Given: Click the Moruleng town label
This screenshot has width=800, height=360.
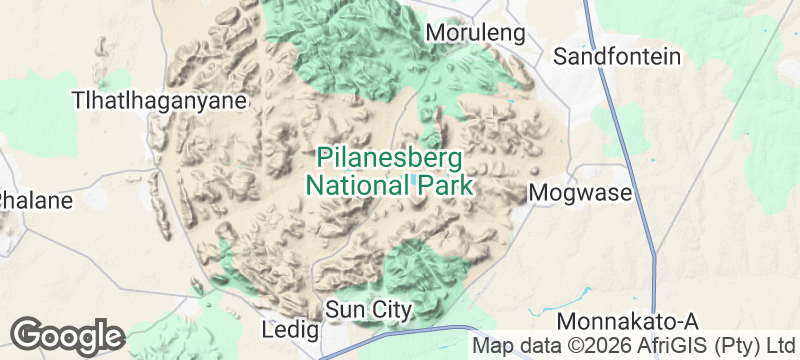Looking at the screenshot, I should pyautogui.click(x=475, y=33).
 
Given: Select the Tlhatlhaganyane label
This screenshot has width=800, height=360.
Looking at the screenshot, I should pyautogui.click(x=159, y=101).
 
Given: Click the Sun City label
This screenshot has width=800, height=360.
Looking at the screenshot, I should pyautogui.click(x=368, y=310).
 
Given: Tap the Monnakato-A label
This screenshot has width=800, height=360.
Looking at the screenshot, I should pyautogui.click(x=627, y=322).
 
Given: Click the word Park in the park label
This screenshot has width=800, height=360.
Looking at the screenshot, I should pyautogui.click(x=440, y=185).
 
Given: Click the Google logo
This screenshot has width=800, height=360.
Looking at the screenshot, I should pyautogui.click(x=67, y=335).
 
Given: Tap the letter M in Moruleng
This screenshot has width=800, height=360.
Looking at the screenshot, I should pyautogui.click(x=435, y=33).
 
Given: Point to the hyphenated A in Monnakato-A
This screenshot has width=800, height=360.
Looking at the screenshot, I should pyautogui.click(x=687, y=322).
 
